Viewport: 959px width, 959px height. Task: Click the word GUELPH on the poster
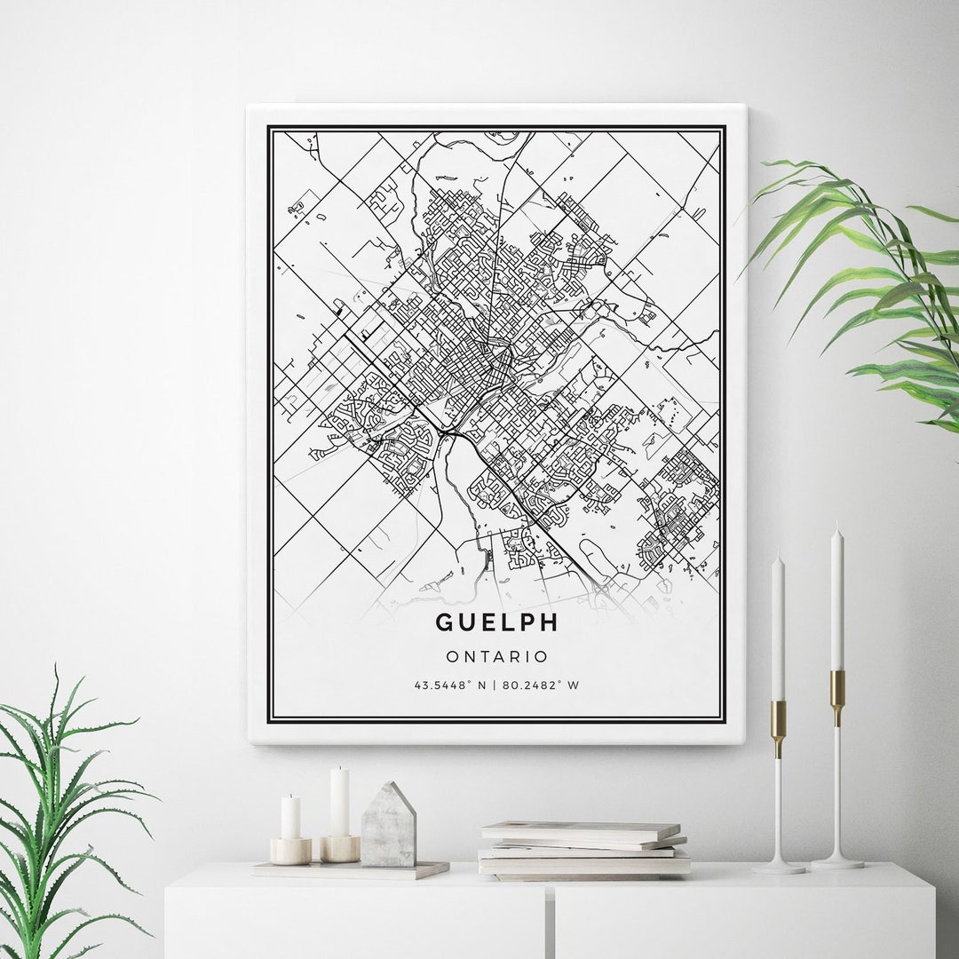point(497,622)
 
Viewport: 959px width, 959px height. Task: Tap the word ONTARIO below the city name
point(497,657)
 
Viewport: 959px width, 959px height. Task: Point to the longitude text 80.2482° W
point(541,686)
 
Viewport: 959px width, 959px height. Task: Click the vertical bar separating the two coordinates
point(495,686)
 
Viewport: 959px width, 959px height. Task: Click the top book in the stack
point(581,830)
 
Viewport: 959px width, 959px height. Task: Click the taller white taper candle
point(836,604)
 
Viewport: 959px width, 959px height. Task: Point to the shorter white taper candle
point(778,630)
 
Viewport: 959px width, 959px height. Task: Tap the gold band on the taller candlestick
point(837,686)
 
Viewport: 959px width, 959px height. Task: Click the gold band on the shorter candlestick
point(779,717)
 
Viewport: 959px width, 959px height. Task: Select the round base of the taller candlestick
point(836,860)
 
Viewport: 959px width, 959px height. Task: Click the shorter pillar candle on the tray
point(290,818)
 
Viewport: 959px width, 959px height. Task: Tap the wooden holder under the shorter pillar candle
point(290,851)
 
